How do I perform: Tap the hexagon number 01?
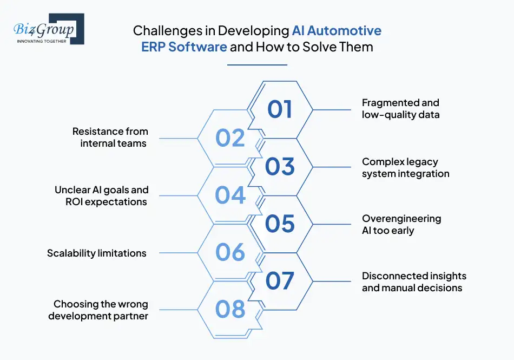coord(280,109)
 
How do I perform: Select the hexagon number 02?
coord(230,138)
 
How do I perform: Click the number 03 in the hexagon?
coord(280,166)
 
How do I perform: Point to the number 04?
coord(230,195)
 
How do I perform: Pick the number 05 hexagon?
coord(280,224)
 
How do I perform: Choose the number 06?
coord(230,252)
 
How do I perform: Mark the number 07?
coord(280,281)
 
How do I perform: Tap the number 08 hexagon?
coord(230,310)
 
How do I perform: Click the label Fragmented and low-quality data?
coord(400,108)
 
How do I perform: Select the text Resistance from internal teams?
coord(110,138)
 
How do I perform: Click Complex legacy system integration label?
coord(405,167)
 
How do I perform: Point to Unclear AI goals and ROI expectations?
coord(101,195)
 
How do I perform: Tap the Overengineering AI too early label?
coord(401,224)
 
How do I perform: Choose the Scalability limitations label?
coord(97,253)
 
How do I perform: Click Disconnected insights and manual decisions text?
coord(413,282)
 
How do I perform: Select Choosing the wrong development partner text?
coord(98,310)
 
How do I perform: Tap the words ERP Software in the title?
coord(184,47)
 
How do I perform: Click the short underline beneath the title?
coord(257,65)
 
